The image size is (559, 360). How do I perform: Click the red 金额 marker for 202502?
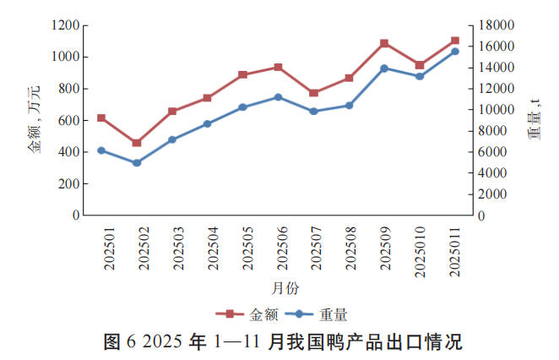[137, 143]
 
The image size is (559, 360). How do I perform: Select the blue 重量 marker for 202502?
[137, 162]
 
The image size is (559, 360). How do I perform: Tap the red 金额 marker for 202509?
[384, 43]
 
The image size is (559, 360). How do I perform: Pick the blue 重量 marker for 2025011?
[455, 52]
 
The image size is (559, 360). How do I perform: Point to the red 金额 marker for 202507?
[313, 93]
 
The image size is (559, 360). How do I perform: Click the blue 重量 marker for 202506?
[278, 97]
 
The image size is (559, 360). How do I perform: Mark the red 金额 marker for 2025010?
[420, 65]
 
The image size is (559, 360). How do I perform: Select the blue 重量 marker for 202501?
[101, 150]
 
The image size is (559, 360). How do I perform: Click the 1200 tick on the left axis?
[65, 25]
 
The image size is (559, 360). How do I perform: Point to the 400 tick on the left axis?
[68, 152]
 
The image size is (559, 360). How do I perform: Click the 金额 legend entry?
[253, 315]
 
